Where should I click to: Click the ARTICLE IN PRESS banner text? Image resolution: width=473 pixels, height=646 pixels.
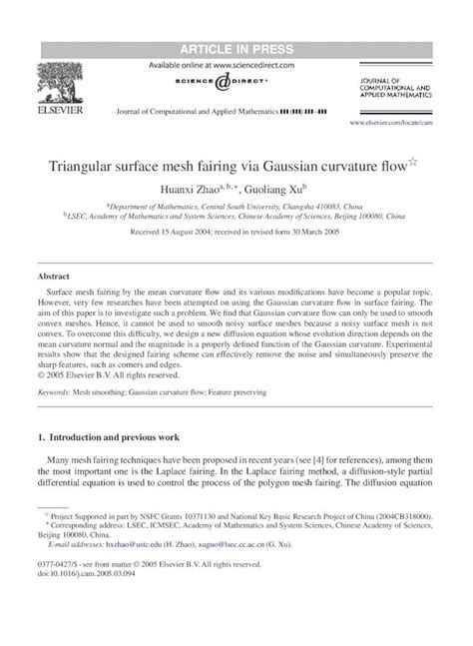(x=236, y=19)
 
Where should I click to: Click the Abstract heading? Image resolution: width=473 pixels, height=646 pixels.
(x=52, y=274)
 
